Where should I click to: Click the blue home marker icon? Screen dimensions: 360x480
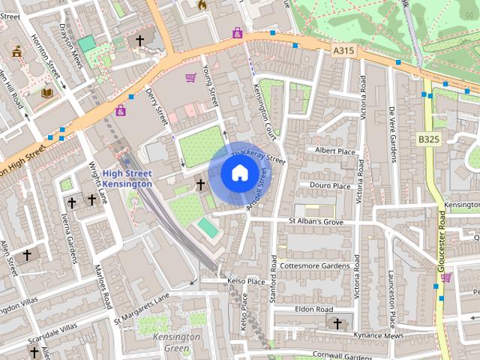coord(238,173)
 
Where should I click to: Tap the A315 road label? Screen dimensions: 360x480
coord(344,49)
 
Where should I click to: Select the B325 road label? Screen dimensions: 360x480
coord(429,139)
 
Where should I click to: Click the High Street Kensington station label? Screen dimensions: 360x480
coord(127,178)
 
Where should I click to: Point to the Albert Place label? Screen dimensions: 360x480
coord(334,151)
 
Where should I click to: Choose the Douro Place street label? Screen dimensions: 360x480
coord(330,186)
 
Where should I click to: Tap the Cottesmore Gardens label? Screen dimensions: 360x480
coord(314,265)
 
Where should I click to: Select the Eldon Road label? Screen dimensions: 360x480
coord(313,309)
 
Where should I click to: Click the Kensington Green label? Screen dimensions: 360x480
coord(176,342)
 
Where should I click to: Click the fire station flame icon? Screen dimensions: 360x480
coord(201,5)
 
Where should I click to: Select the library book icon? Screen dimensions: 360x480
coord(47,93)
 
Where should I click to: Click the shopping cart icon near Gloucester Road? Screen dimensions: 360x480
coord(446,277)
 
